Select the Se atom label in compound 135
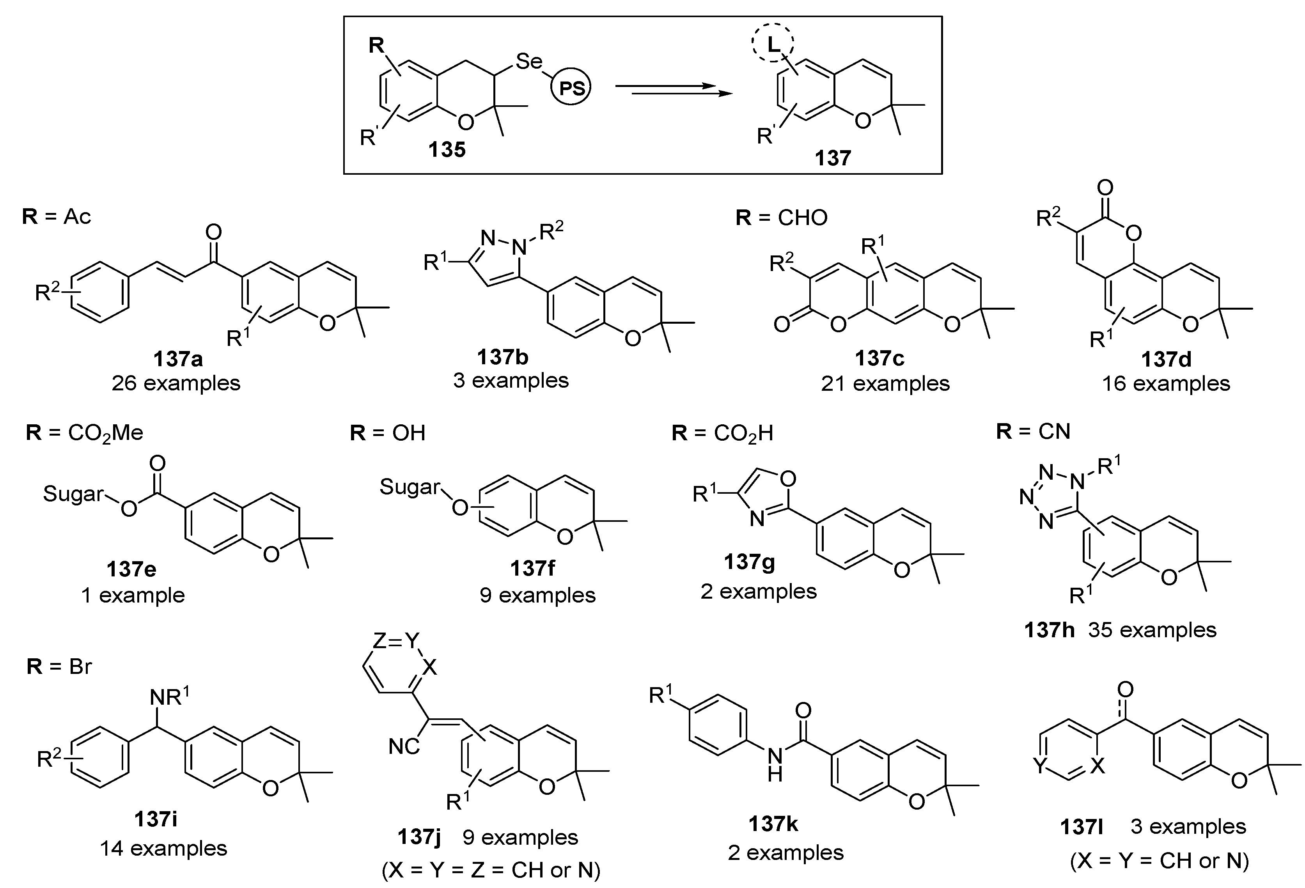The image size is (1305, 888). point(528,61)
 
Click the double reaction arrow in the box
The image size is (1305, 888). point(674,90)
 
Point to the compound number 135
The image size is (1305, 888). point(447,149)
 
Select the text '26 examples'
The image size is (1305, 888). point(176,383)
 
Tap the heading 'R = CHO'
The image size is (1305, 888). point(781,217)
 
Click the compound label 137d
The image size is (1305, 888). point(1166,359)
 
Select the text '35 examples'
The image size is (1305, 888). point(1152,630)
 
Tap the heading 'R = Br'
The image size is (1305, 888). point(59,666)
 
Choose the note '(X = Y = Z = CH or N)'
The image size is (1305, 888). point(491,870)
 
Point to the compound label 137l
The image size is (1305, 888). point(1082,827)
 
